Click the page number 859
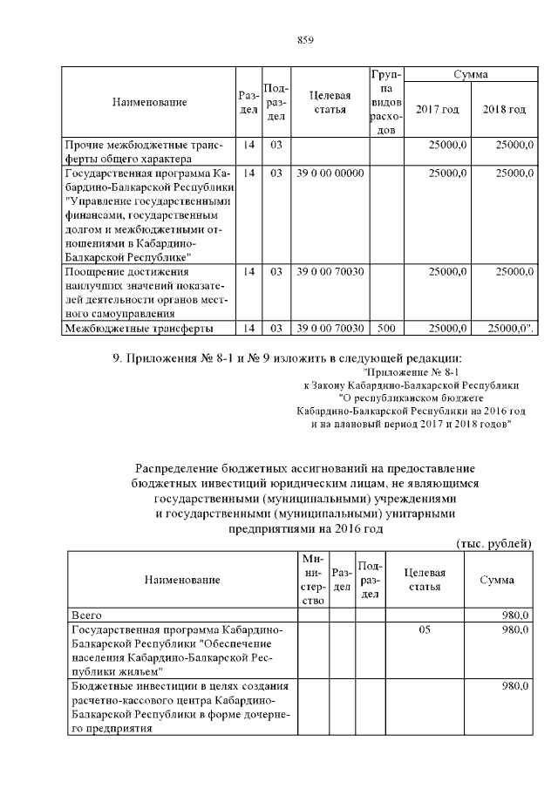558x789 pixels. coord(305,40)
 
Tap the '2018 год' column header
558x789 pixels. coord(504,109)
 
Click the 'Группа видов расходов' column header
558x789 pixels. coord(386,103)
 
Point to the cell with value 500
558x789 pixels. coord(386,328)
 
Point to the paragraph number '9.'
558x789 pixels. coord(119,358)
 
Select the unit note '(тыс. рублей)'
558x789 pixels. coord(494,543)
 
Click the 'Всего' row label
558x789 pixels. coord(86,616)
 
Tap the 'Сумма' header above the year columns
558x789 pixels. coord(471,76)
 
